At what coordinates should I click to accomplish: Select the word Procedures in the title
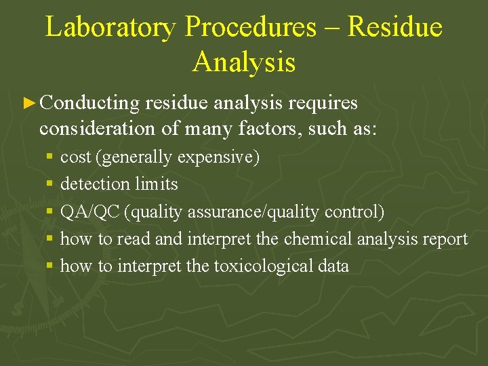(250, 27)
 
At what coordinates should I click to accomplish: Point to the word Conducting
(89, 103)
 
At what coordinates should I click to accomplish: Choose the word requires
(323, 103)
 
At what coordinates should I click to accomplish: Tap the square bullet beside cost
(49, 158)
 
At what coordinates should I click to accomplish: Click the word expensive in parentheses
(218, 157)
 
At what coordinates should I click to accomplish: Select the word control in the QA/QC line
(354, 212)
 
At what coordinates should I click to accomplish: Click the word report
(446, 239)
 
